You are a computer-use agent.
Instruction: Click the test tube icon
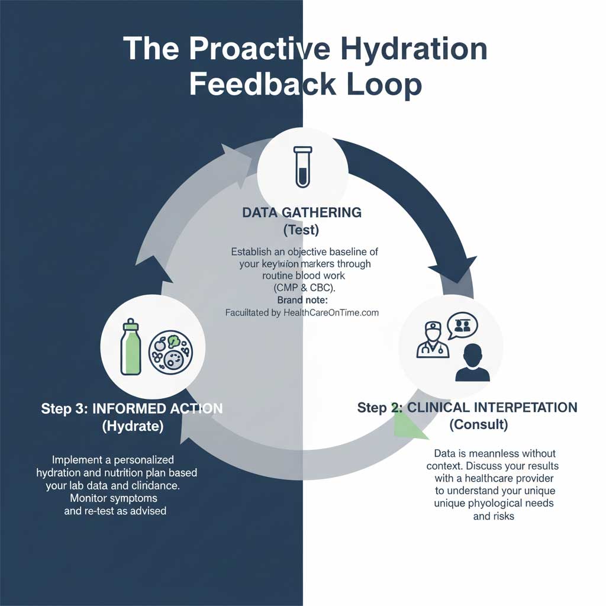(302, 167)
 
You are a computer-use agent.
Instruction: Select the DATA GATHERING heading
(302, 212)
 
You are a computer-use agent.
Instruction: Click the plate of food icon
(171, 352)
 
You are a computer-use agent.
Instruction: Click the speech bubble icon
(462, 325)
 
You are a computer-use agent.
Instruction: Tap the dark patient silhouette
(472, 363)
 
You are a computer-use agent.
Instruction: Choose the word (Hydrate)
(133, 426)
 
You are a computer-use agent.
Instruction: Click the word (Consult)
(478, 424)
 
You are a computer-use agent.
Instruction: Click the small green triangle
(411, 426)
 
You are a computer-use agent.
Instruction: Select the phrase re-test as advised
(115, 511)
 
